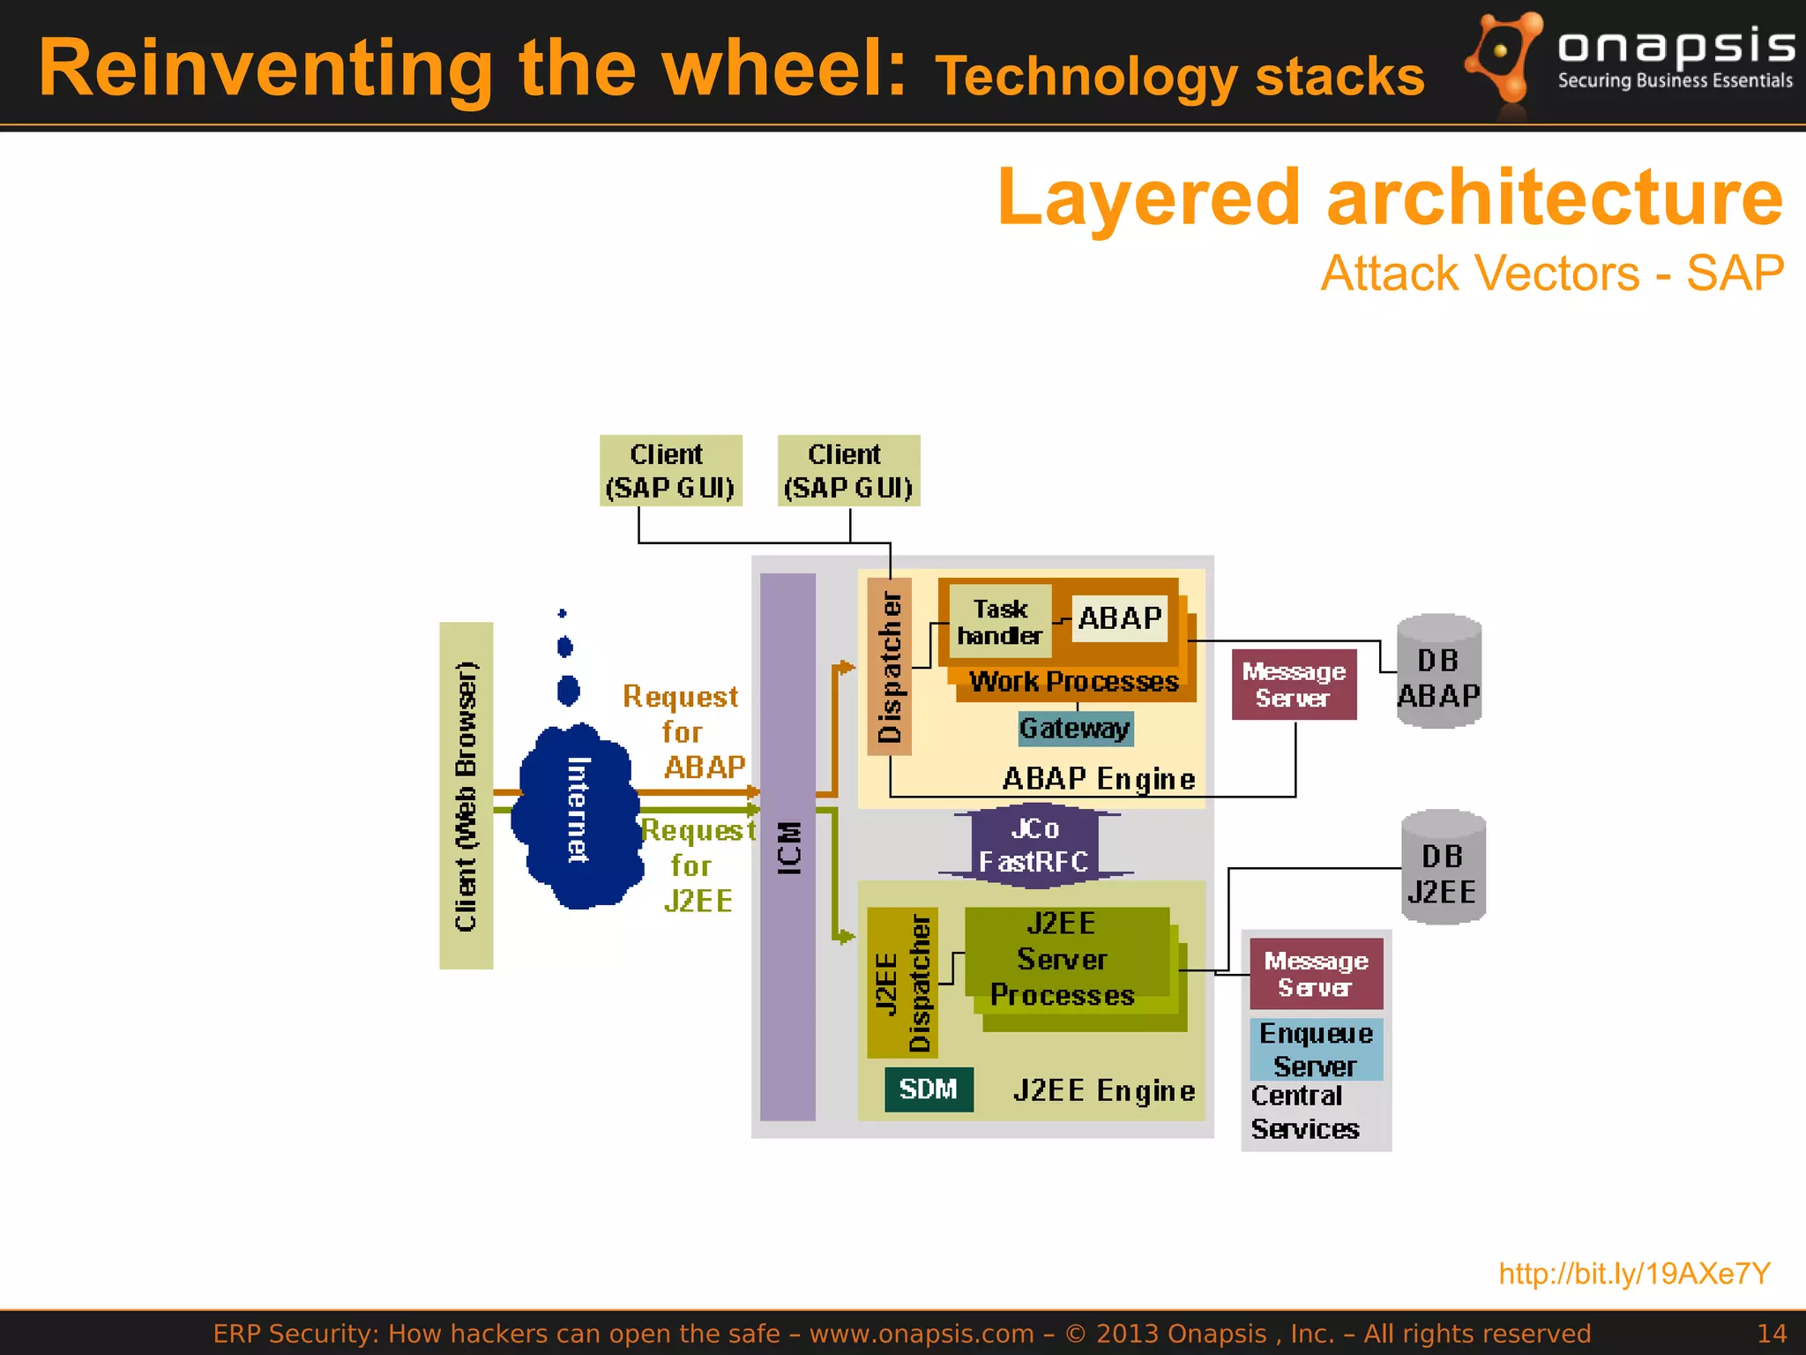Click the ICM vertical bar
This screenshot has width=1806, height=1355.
click(787, 847)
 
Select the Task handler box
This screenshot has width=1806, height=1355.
click(1000, 622)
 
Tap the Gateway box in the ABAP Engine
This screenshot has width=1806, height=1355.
click(1075, 729)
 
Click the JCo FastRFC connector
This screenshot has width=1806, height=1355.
click(1034, 844)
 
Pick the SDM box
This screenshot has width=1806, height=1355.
click(929, 1089)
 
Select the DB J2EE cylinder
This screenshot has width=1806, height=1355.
click(1443, 868)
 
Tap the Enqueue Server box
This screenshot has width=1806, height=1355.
click(1316, 1049)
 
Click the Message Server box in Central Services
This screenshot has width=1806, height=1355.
click(1316, 974)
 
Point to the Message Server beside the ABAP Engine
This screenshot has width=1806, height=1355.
click(1294, 685)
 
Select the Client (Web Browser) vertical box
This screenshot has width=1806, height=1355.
click(466, 795)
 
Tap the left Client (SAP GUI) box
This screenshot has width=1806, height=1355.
click(670, 470)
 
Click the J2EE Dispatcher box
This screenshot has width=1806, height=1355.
click(902, 982)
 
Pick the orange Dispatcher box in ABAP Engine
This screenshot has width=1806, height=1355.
click(889, 667)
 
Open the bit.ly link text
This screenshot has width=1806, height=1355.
click(1634, 1273)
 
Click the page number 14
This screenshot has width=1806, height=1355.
click(1771, 1333)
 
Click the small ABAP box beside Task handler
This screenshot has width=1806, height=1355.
click(1119, 618)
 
